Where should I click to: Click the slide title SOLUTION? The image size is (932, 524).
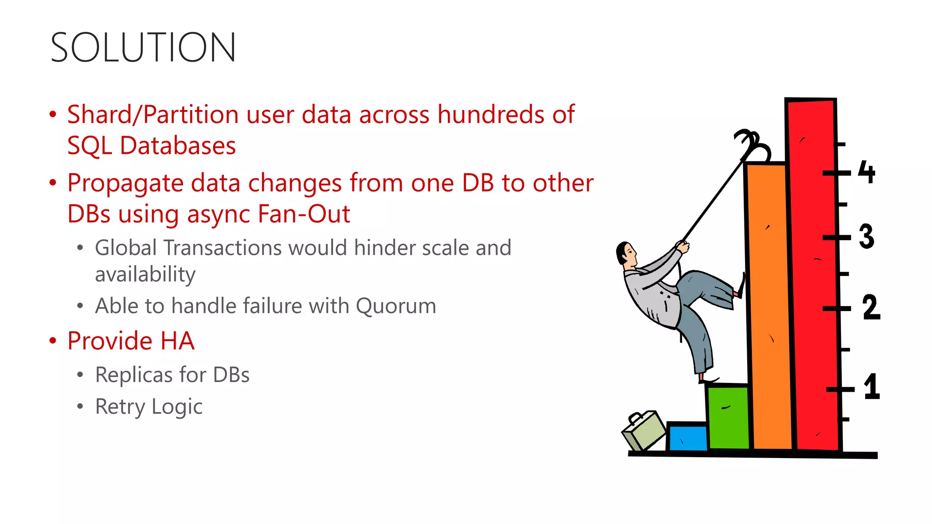[x=143, y=47]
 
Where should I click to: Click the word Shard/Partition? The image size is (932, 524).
[x=152, y=115]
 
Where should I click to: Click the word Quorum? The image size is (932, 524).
[x=395, y=306]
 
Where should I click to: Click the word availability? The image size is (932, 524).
[x=145, y=275]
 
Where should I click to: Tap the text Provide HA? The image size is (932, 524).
[x=131, y=341]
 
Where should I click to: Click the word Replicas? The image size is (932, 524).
[x=134, y=375]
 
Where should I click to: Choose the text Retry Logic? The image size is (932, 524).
[x=149, y=407]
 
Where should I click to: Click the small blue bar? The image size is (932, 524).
[x=687, y=438]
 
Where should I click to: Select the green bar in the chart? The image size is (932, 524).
[x=728, y=416]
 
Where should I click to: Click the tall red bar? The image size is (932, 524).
[x=814, y=273]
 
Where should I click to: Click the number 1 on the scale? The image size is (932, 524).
[x=871, y=387]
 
